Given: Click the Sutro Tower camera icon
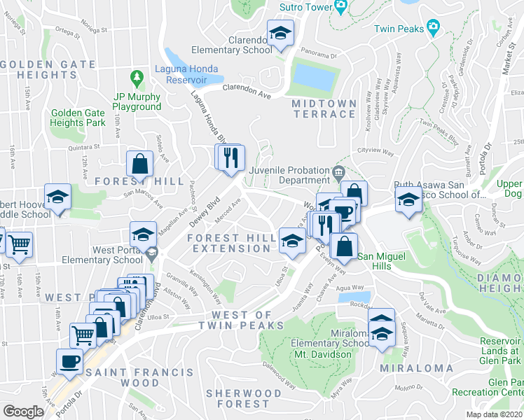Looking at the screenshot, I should click(x=341, y=7).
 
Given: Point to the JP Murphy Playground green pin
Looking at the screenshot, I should click(x=138, y=76).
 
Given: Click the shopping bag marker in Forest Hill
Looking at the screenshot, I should click(x=139, y=163).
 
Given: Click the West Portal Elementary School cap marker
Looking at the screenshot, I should click(x=143, y=234).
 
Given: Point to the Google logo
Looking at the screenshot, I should click(x=23, y=412).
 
